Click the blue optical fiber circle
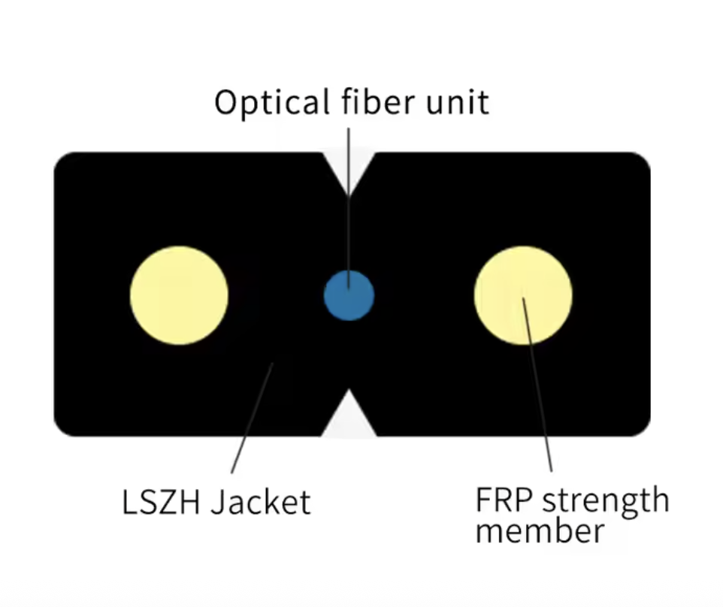[349, 295]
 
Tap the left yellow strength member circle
[179, 295]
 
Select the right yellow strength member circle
[523, 295]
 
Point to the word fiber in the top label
[374, 101]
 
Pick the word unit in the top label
[458, 101]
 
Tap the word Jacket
[260, 502]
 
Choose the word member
[540, 531]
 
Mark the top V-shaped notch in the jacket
[348, 171]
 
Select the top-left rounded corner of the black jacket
[63, 162]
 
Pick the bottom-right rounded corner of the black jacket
[641, 427]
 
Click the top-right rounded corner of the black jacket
[641, 162]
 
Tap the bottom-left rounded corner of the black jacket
[63, 427]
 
